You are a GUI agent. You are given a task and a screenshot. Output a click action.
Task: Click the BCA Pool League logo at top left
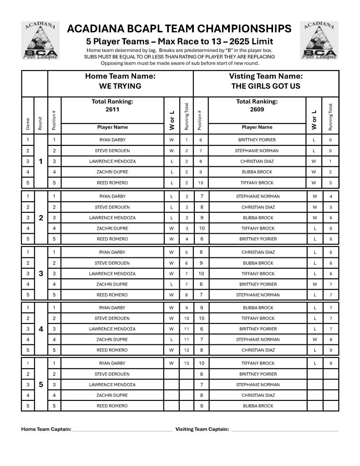pos(41,41)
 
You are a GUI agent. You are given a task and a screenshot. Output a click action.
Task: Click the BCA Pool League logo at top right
pos(319,41)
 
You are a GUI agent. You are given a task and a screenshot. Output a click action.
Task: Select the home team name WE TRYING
pos(120,86)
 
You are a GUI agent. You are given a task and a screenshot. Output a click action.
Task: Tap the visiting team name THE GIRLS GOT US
pos(266,86)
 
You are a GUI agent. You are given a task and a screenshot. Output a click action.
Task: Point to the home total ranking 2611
pos(112,109)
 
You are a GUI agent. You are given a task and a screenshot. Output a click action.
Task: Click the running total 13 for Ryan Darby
pos(187,364)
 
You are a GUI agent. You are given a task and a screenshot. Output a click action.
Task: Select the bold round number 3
pos(41,274)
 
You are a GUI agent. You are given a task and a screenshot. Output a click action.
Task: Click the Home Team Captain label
pos(46,429)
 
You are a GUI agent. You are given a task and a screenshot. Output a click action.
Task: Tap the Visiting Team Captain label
pos(202,429)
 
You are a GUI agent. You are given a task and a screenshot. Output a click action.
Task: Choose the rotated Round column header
pos(41,123)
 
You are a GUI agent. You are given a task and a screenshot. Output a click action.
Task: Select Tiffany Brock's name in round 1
pos(258,183)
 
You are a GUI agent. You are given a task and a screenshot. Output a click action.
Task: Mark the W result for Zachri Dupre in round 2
pos(172,228)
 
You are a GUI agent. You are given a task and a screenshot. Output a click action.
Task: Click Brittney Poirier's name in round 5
pos(258,374)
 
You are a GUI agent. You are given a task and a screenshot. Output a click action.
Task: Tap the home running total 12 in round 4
pos(187,350)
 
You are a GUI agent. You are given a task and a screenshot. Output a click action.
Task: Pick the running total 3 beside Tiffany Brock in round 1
pos(330,183)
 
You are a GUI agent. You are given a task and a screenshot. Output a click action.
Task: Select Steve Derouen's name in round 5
pos(112,374)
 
